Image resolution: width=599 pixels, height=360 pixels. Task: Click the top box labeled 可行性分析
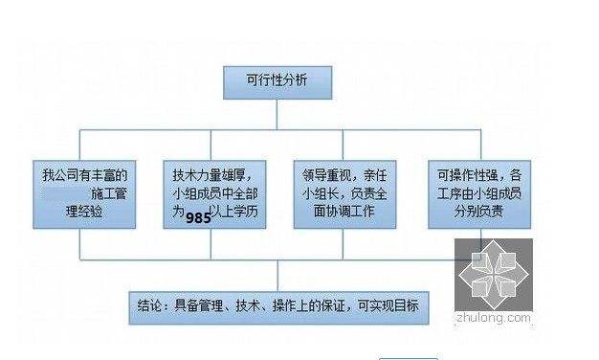tap(277, 81)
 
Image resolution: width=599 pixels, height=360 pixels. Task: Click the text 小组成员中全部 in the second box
tap(215, 194)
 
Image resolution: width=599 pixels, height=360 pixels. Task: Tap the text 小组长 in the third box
tap(324, 194)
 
